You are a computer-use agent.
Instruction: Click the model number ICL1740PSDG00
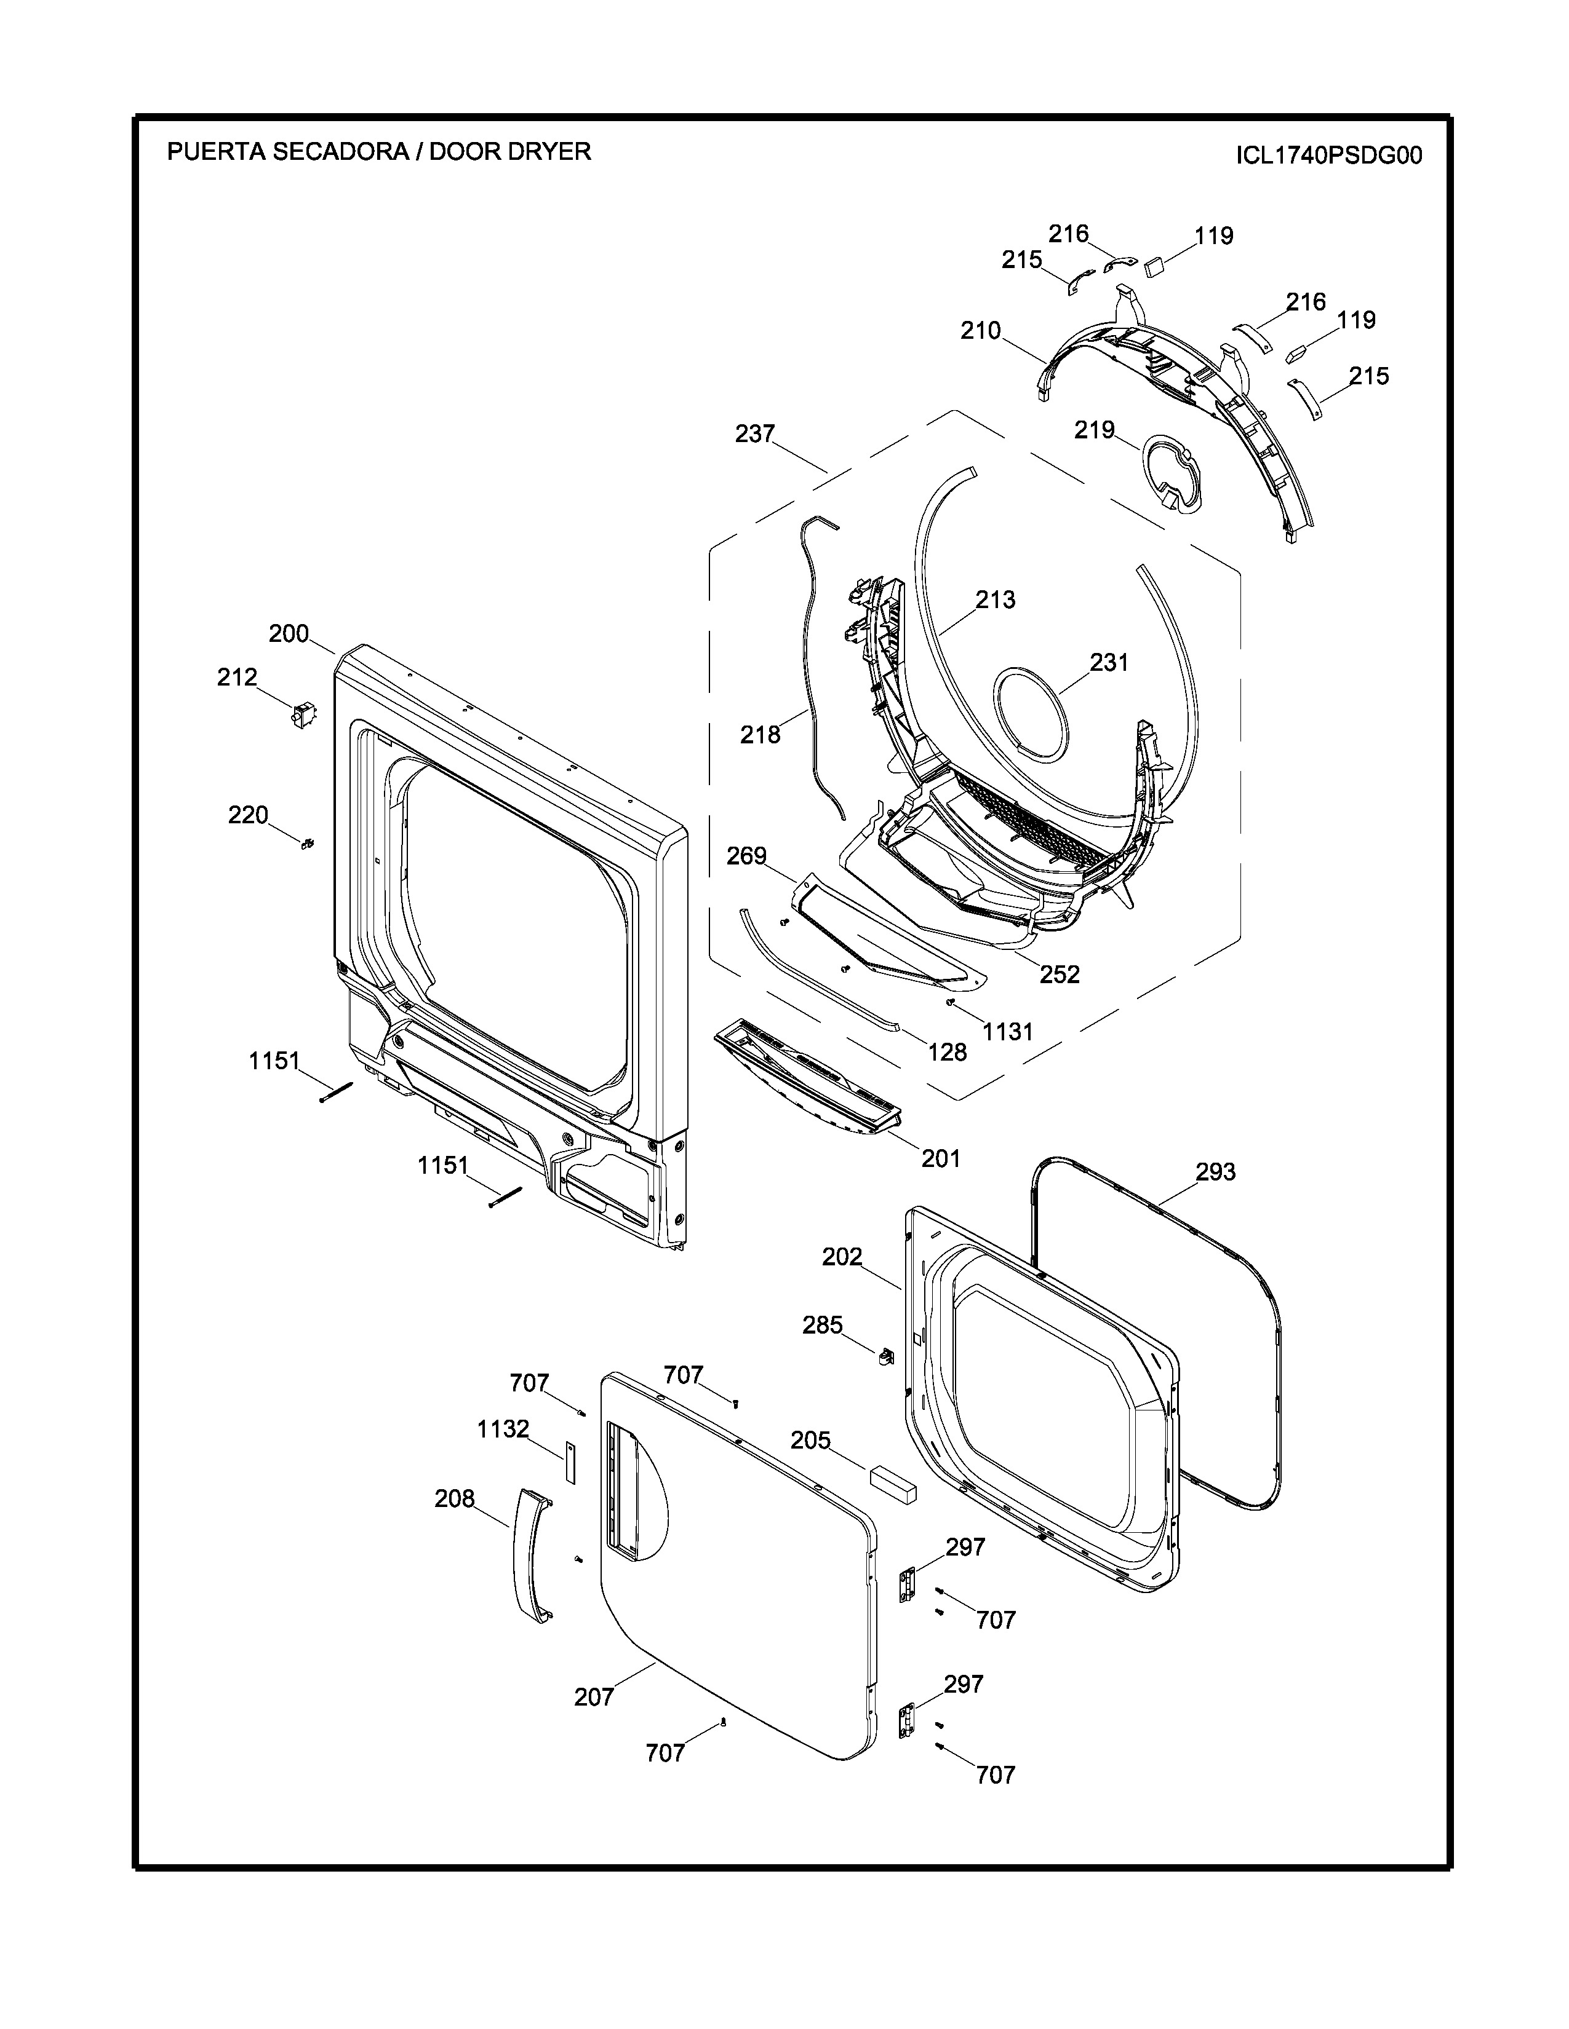(x=1328, y=155)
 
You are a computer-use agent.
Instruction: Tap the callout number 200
(x=289, y=633)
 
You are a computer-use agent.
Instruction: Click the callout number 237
(x=755, y=433)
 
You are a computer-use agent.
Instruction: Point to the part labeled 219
(x=1173, y=473)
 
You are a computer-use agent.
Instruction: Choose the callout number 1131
(x=1008, y=1031)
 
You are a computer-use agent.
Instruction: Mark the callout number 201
(x=941, y=1158)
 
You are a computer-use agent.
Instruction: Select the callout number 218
(x=761, y=735)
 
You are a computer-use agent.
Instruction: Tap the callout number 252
(x=1060, y=974)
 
